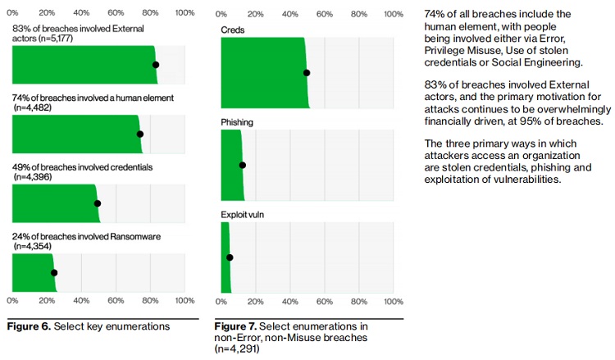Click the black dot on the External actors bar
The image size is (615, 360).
[x=156, y=65]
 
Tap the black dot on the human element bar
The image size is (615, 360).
[x=139, y=134]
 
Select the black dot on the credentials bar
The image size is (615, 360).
[x=98, y=203]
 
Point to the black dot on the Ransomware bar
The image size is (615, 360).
[x=54, y=273]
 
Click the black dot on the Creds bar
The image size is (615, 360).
[x=307, y=72]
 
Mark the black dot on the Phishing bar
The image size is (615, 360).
[x=242, y=165]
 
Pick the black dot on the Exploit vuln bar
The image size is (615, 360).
[x=230, y=257]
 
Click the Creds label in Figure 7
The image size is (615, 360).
[x=232, y=30]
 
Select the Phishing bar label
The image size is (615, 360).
[x=237, y=122]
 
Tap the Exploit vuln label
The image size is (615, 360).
[x=243, y=215]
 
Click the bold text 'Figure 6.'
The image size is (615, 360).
[x=29, y=326]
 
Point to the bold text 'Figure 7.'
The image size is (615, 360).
[x=237, y=326]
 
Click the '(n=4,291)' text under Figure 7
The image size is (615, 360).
[x=238, y=349]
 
